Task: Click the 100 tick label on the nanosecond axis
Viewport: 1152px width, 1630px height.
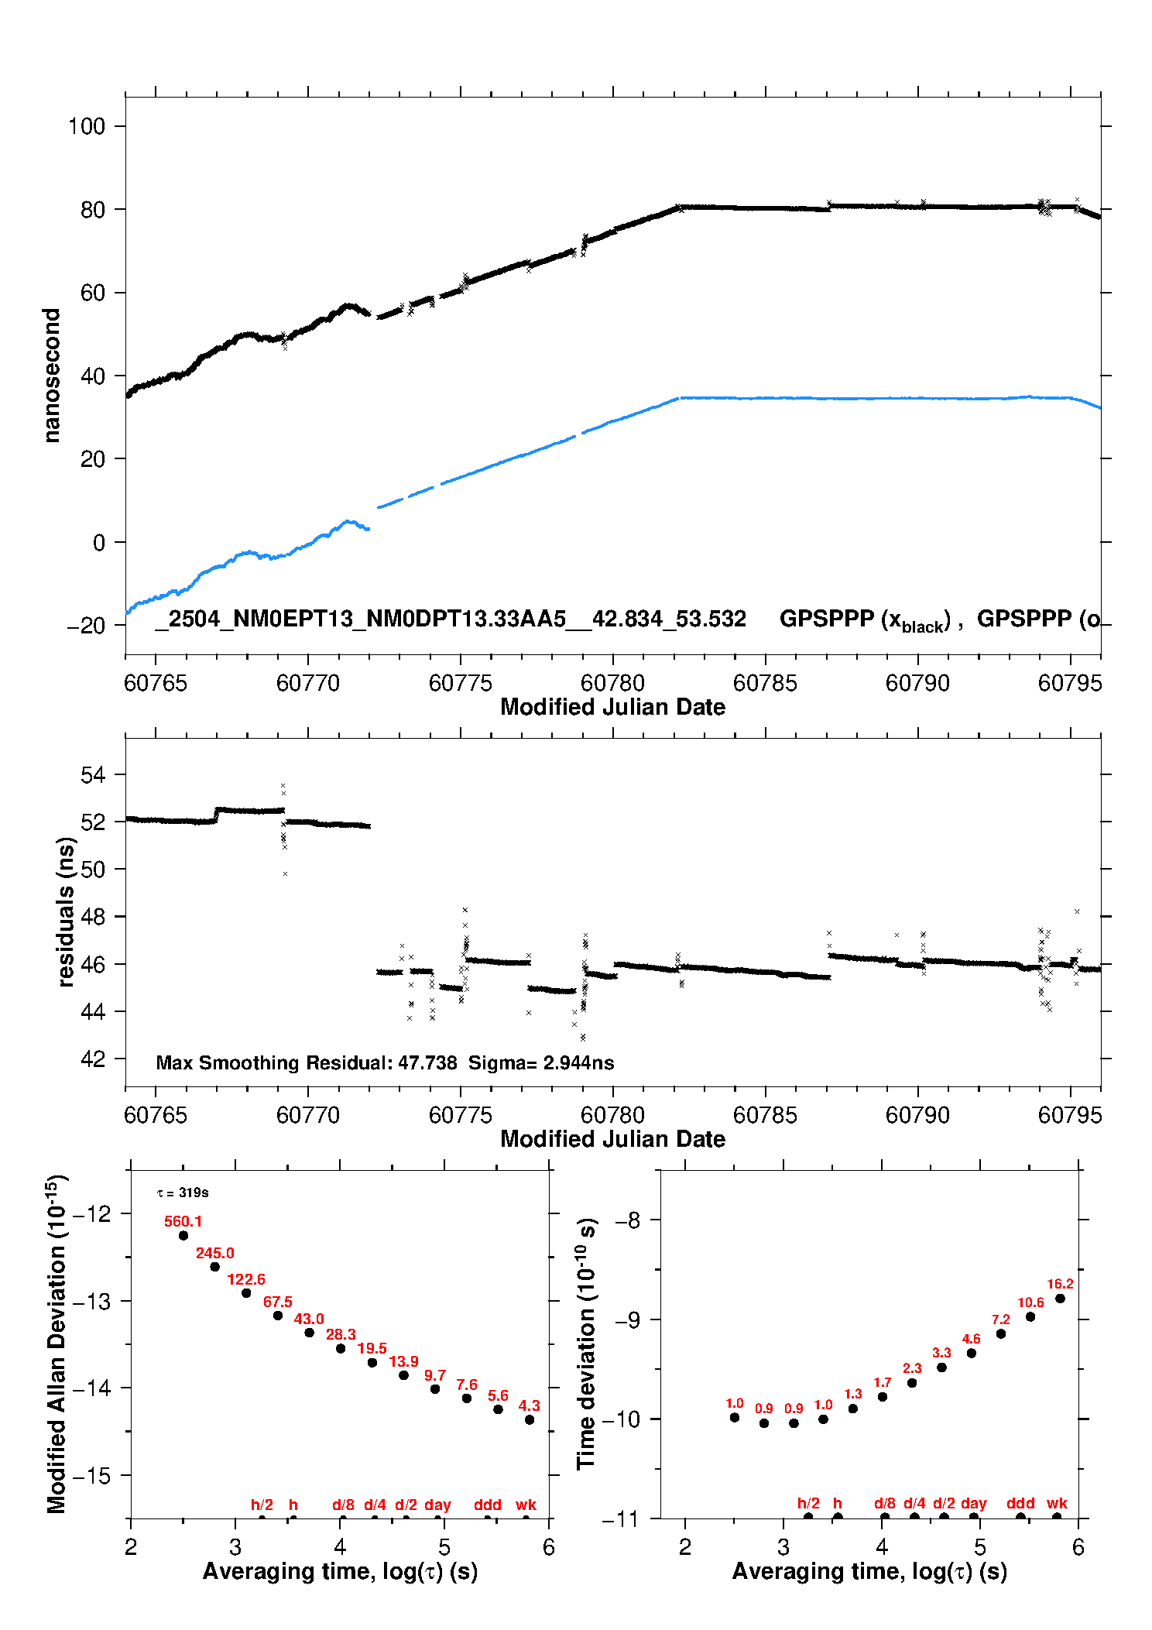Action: (86, 125)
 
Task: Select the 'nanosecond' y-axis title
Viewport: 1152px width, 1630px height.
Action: (51, 375)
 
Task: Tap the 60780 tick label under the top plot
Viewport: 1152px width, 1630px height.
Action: (612, 683)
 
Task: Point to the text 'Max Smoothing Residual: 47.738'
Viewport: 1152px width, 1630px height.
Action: (307, 1062)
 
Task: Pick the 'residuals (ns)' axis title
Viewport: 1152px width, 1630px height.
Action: (66, 911)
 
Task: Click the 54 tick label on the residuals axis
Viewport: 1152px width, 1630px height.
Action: (93, 774)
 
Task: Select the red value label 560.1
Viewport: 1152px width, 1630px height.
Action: (183, 1221)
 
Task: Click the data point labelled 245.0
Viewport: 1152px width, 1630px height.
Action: (215, 1267)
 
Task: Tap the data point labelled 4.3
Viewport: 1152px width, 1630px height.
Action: (530, 1419)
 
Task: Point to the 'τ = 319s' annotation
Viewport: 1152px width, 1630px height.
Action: (183, 1192)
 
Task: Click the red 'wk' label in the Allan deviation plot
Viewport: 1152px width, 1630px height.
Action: (526, 1504)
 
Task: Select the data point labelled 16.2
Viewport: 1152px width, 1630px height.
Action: (1060, 1299)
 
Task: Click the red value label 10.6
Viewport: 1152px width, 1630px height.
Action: (1030, 1302)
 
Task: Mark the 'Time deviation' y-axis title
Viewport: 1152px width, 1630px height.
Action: (586, 1344)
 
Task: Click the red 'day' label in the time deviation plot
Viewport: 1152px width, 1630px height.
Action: (973, 1503)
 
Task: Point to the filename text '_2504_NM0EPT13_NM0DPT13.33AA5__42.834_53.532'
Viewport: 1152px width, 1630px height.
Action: (451, 619)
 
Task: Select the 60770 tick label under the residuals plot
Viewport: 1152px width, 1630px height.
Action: (308, 1115)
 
